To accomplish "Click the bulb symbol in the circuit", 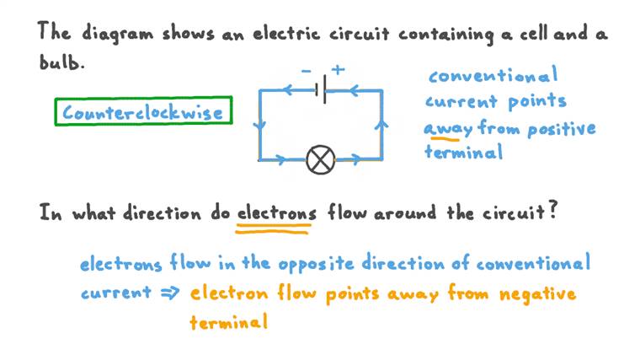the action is pos(320,160).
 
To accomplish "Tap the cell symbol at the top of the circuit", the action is pos(321,89).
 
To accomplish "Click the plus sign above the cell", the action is pos(338,70).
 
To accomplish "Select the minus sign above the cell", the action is pos(307,71).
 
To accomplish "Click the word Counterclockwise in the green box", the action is pos(143,112).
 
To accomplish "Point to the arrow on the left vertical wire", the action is pos(259,125).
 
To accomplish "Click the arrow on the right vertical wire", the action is pos(381,125).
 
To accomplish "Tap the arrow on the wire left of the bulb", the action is pos(280,159).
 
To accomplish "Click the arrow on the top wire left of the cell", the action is pos(288,90).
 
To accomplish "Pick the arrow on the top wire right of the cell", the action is pos(354,90).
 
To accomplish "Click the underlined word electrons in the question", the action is pos(277,213).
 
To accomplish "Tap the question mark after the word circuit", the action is pos(552,211).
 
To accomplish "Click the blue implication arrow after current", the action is pos(170,293).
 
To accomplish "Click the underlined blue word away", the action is pos(448,129).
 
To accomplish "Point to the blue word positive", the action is pos(561,129).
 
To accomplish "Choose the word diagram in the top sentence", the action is pos(117,34).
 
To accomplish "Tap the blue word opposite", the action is pos(316,263).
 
